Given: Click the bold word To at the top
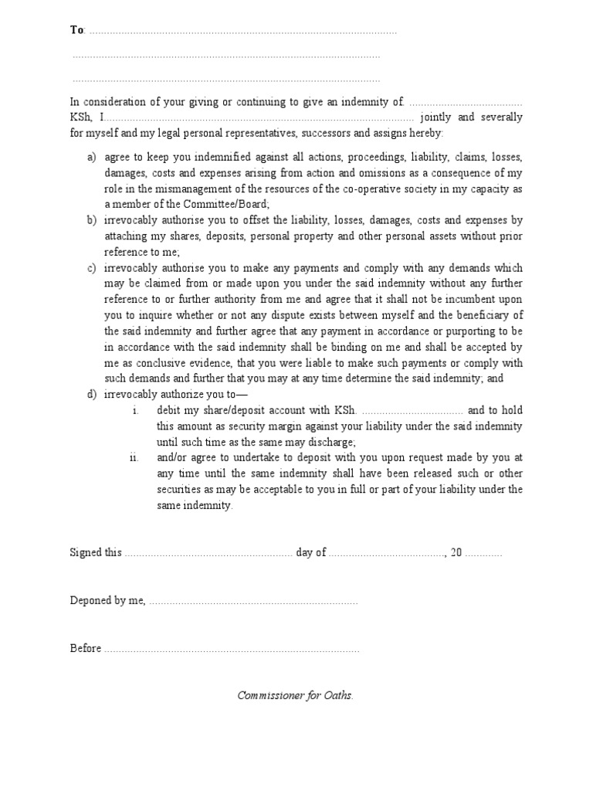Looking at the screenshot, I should click(x=76, y=30).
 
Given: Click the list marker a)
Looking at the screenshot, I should click(x=92, y=157).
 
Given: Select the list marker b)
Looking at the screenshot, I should click(x=92, y=220).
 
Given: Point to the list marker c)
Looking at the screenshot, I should click(x=92, y=268).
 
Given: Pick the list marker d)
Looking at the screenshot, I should click(x=92, y=395).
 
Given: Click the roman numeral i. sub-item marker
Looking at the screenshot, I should click(x=135, y=410).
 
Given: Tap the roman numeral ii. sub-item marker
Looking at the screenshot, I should click(x=134, y=457).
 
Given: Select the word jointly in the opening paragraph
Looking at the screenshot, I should click(x=436, y=117).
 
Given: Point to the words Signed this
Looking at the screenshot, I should click(x=96, y=553).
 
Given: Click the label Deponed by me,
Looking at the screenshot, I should click(x=107, y=600).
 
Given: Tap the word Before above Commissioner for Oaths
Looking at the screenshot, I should click(x=86, y=648).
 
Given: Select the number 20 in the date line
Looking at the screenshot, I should click(x=456, y=553).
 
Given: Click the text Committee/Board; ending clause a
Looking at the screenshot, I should click(x=232, y=204).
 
